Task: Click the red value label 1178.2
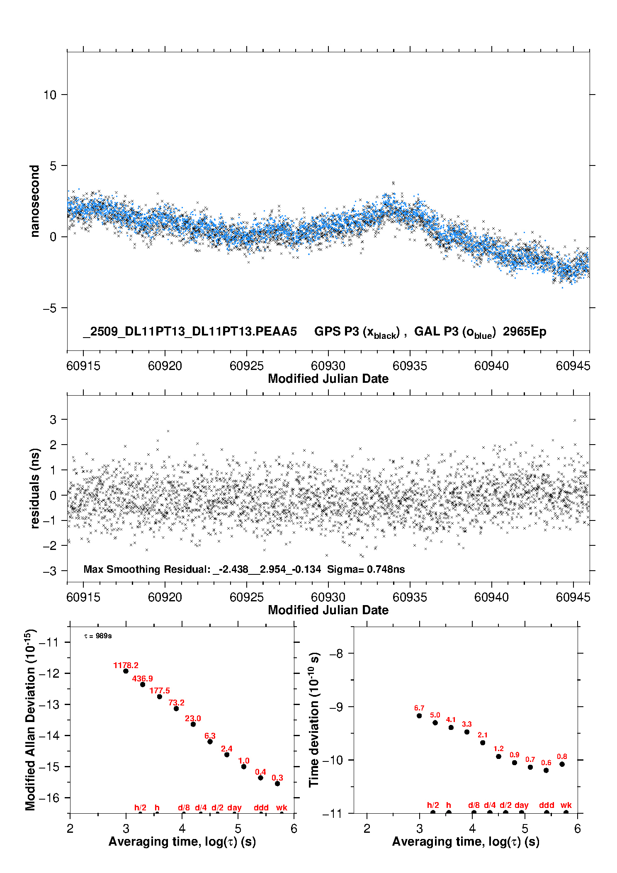click(x=126, y=665)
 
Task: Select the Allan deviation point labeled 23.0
click(x=193, y=724)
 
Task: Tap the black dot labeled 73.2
click(x=176, y=708)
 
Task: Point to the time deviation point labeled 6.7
click(x=419, y=716)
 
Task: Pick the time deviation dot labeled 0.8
click(x=562, y=764)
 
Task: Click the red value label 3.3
click(x=467, y=724)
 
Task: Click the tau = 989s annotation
click(x=98, y=636)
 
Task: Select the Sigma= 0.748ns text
click(x=366, y=569)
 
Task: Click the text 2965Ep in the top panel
click(x=525, y=331)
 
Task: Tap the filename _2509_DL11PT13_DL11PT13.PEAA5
click(x=190, y=331)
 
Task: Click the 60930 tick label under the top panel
click(x=328, y=366)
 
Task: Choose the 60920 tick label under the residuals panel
click(x=165, y=597)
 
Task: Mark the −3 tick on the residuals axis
click(x=50, y=571)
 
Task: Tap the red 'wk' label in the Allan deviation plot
click(x=282, y=807)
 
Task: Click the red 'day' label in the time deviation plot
click(x=521, y=805)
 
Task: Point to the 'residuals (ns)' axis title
click(x=35, y=488)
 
